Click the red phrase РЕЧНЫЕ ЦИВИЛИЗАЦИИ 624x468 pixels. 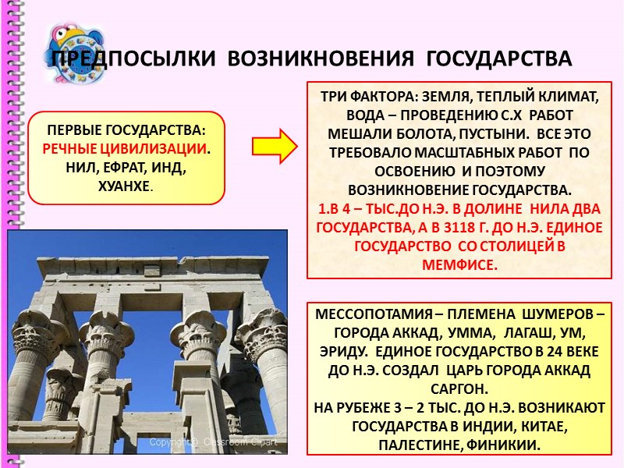(125, 148)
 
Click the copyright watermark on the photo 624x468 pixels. (219, 442)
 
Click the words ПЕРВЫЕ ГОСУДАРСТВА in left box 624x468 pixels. (126, 129)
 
